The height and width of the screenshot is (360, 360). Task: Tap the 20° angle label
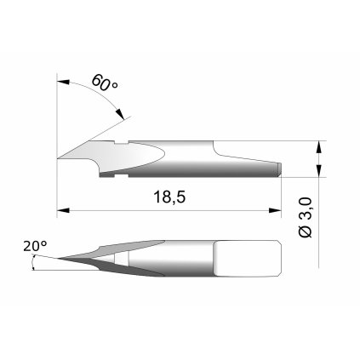35,247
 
